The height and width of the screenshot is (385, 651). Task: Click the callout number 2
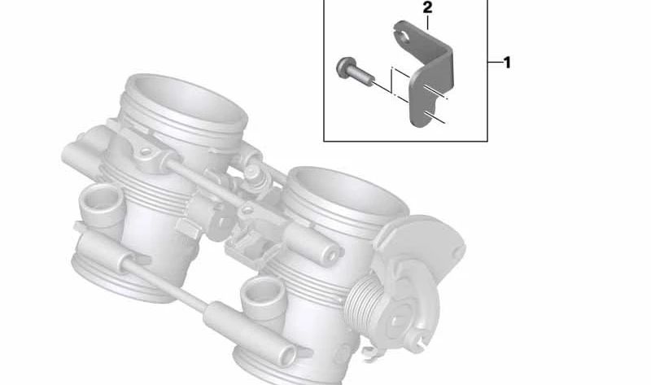(x=427, y=8)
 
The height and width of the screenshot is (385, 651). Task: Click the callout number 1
(x=507, y=63)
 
